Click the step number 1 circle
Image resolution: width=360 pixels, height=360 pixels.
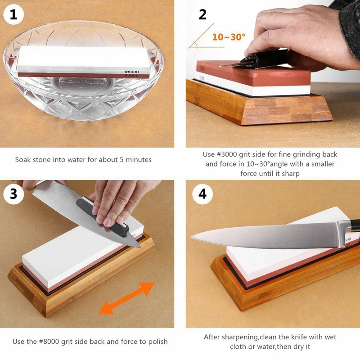coord(13,15)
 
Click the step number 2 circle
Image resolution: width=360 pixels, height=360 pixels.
coord(202,15)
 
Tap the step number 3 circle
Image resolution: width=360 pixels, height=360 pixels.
coord(13,194)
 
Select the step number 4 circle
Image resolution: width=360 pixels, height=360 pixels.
coord(202,194)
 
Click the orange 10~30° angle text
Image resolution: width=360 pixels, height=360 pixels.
coord(229,37)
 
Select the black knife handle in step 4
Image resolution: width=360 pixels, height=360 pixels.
coord(355,224)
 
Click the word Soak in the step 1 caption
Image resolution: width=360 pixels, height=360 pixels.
coord(23,160)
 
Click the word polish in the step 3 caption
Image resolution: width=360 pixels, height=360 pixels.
coord(157,342)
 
